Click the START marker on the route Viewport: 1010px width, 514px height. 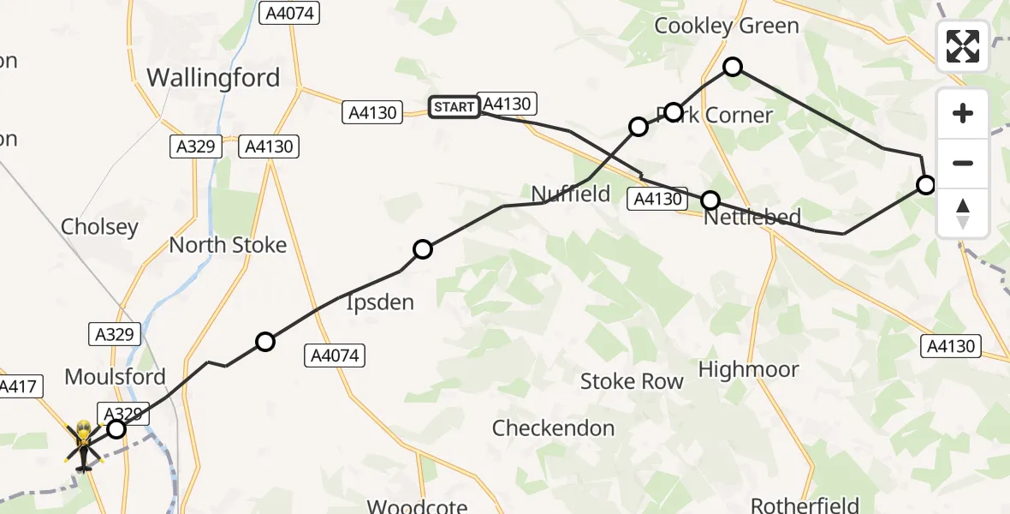click(x=454, y=107)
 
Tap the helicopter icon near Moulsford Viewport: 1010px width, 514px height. click(x=84, y=445)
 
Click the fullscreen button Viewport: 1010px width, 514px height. click(x=963, y=46)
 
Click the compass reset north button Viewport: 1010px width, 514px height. click(x=963, y=213)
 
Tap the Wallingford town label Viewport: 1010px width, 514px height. click(x=213, y=78)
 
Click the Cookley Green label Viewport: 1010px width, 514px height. click(x=726, y=26)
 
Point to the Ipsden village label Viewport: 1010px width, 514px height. click(x=379, y=302)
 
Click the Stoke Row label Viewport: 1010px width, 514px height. click(x=632, y=381)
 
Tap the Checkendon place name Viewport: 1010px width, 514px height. click(x=553, y=427)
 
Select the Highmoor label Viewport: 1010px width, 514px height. click(x=748, y=369)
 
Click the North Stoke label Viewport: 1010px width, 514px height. click(x=228, y=245)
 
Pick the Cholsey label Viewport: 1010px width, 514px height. click(x=99, y=227)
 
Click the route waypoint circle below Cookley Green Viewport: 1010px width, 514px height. click(x=733, y=67)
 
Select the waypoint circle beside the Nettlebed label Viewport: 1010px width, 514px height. click(x=710, y=200)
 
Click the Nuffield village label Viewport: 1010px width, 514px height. click(x=571, y=194)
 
